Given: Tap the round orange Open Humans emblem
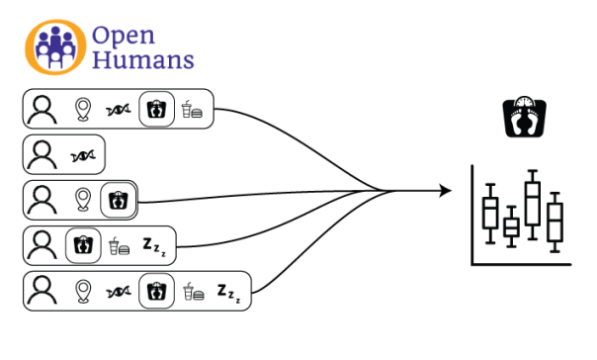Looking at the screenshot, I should click(x=57, y=46).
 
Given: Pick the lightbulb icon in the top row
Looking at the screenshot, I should click(x=83, y=110).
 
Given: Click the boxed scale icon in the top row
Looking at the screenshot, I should click(x=155, y=110).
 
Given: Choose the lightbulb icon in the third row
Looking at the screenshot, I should click(x=83, y=200).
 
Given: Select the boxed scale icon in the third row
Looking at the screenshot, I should click(x=120, y=200).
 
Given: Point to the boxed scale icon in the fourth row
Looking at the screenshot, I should click(x=83, y=245).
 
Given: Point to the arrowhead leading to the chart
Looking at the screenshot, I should click(x=446, y=190).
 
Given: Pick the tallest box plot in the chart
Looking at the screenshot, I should click(x=533, y=205).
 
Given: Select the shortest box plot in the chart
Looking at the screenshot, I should click(x=511, y=226).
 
